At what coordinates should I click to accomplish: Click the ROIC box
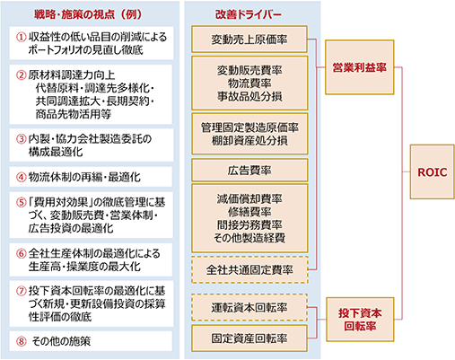(432, 171)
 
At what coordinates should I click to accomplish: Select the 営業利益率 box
(360, 67)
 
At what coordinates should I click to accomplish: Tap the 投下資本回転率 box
(360, 320)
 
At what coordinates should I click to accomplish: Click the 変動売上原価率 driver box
(249, 40)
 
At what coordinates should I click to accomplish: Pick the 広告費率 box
(249, 171)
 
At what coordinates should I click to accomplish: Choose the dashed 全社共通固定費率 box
(249, 270)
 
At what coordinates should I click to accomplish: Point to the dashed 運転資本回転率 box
(249, 308)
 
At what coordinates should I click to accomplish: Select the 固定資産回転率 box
(249, 338)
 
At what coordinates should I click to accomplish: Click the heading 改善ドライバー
(249, 14)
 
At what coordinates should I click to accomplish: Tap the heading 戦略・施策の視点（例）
(88, 14)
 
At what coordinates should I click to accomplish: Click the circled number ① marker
(22, 37)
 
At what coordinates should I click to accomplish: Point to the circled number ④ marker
(22, 177)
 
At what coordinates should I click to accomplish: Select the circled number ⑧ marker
(22, 341)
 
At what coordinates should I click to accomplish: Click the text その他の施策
(61, 341)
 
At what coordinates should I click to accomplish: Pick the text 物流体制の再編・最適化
(84, 177)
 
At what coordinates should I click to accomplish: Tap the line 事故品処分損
(249, 96)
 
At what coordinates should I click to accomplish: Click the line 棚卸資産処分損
(249, 141)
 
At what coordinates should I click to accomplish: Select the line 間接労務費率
(249, 224)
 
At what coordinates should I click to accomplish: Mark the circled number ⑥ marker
(22, 254)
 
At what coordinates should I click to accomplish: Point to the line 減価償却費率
(249, 198)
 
